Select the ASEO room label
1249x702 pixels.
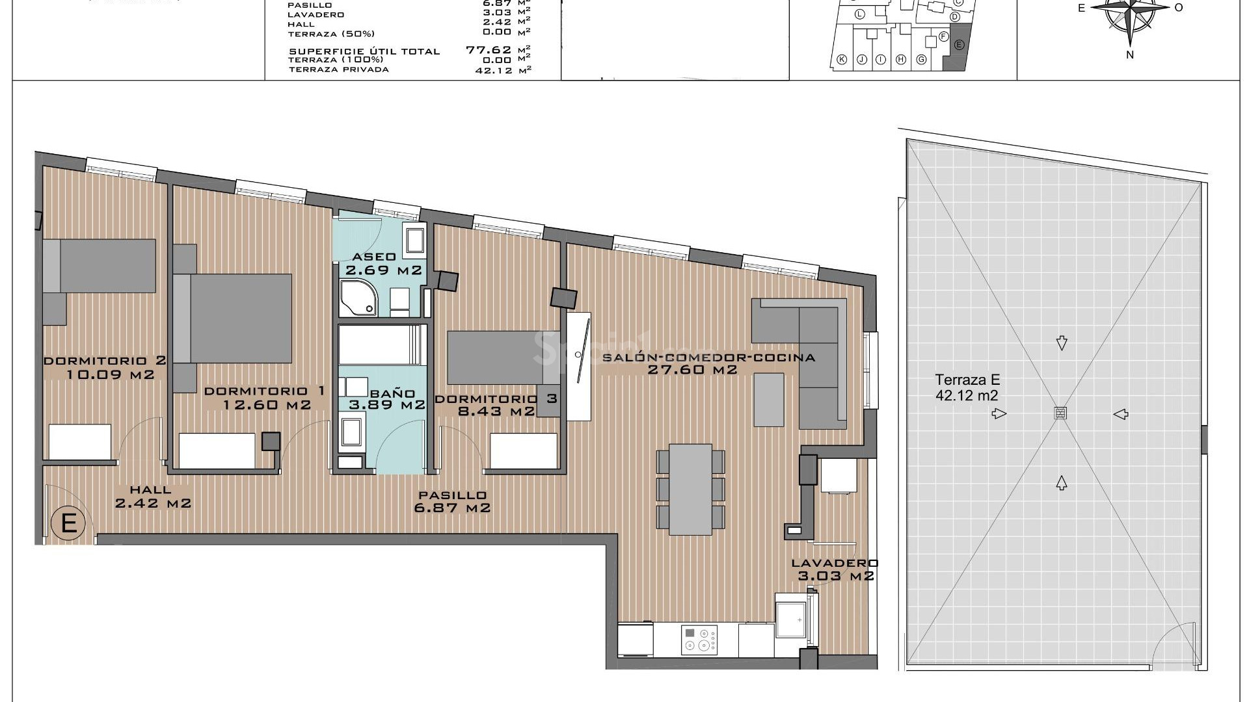tap(374, 257)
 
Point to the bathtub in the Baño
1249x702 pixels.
tap(382, 345)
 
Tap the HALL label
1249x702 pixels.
tap(150, 490)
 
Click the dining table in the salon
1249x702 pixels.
tap(690, 489)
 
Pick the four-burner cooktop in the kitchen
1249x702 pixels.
tap(699, 639)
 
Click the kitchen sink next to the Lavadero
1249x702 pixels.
tap(791, 618)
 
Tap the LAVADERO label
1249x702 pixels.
tap(835, 564)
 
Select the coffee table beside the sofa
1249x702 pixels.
tap(770, 399)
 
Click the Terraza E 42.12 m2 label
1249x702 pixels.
tap(967, 387)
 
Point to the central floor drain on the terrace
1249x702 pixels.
tap(1060, 413)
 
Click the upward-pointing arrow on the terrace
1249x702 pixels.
tap(1061, 482)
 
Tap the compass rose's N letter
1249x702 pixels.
tap(1130, 55)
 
